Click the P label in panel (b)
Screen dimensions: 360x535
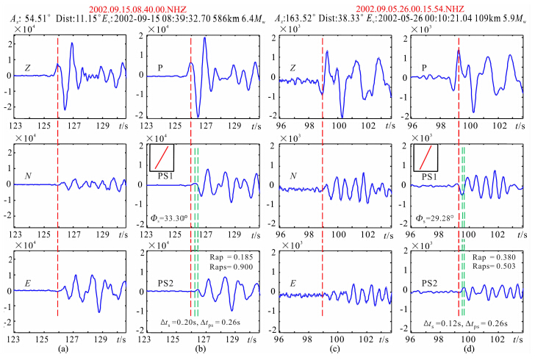coord(160,68)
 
